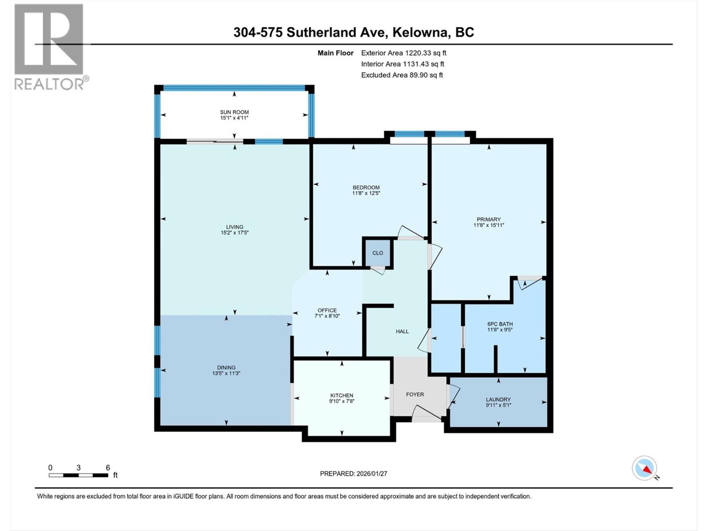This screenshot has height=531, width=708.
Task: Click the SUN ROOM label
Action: click(x=234, y=112)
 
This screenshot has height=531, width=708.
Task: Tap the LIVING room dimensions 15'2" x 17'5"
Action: click(x=235, y=233)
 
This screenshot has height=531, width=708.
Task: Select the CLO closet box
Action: click(x=377, y=253)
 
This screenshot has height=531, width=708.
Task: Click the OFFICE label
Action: click(x=327, y=310)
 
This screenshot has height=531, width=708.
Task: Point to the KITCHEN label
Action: click(x=342, y=396)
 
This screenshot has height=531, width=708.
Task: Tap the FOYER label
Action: click(x=415, y=394)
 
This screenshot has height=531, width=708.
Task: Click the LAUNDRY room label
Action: click(x=498, y=399)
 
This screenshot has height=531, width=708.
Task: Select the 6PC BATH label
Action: click(x=500, y=324)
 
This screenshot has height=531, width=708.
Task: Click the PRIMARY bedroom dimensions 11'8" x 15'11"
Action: click(x=489, y=225)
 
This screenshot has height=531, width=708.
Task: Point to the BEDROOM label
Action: click(x=366, y=187)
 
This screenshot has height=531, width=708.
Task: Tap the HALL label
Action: click(x=402, y=331)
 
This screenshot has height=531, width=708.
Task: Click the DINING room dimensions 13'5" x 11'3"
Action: click(x=226, y=373)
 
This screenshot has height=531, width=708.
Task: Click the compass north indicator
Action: click(x=645, y=468)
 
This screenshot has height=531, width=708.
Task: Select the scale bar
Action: click(x=78, y=475)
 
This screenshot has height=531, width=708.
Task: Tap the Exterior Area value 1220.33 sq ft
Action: click(x=425, y=53)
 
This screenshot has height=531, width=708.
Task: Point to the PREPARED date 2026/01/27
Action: click(x=371, y=473)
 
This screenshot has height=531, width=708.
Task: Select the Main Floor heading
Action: click(x=335, y=53)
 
